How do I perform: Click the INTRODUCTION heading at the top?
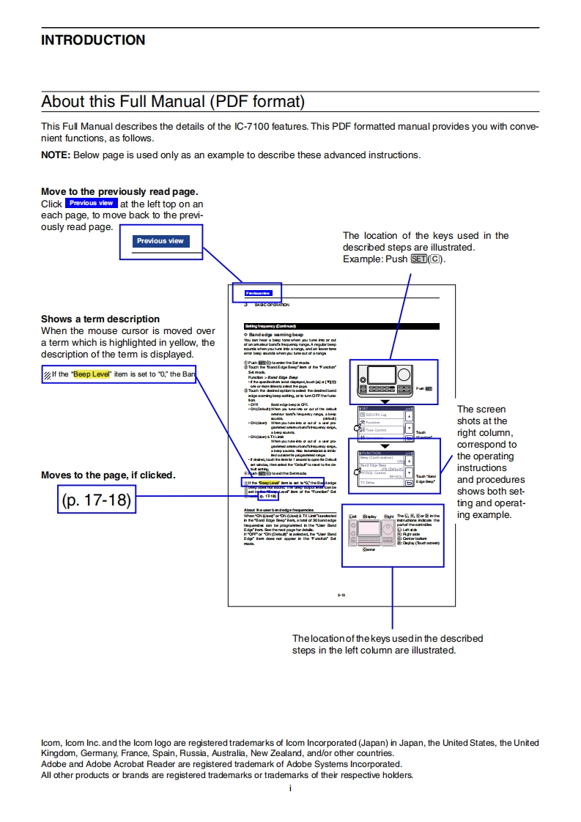coord(93,40)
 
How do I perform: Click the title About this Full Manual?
coord(172,101)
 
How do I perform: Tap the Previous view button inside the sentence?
coord(92,203)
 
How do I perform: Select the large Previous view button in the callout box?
coord(160,241)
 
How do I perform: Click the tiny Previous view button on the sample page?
coord(258,292)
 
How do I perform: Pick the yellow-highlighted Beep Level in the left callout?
coord(91,374)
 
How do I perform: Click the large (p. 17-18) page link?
coord(96,501)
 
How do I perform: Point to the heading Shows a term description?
coord(100,319)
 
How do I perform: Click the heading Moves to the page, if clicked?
coord(108,475)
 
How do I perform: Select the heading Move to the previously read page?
coord(119,192)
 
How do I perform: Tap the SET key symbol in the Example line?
coord(419,259)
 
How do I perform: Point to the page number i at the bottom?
coord(290,788)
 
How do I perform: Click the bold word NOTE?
coord(56,155)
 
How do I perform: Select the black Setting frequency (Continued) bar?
coord(341,326)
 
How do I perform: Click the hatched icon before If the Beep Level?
coord(47,375)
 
